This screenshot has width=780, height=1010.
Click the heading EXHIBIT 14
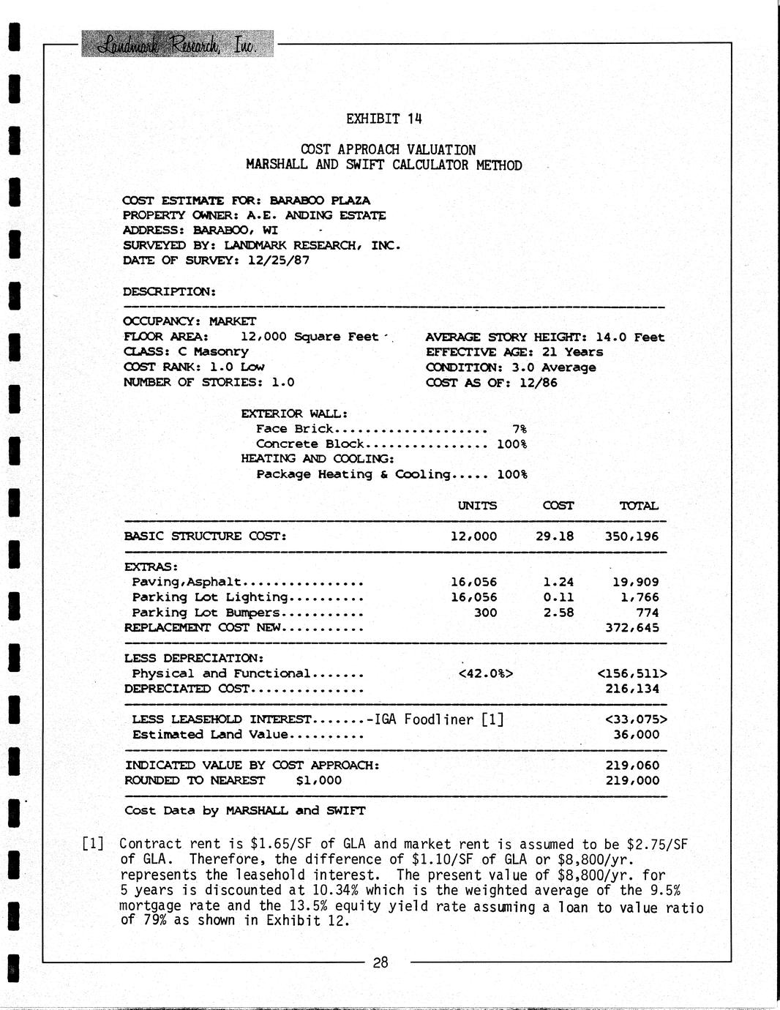click(384, 119)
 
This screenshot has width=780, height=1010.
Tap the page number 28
click(380, 963)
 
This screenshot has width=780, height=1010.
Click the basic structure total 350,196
click(631, 536)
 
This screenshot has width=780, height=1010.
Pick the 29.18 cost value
click(555, 536)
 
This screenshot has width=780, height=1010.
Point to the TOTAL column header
click(639, 506)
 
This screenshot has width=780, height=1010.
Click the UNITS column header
click(477, 506)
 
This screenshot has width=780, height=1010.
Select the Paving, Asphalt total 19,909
click(635, 583)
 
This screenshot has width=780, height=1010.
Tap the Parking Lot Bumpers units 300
click(485, 613)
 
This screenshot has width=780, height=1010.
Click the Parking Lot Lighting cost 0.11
click(558, 597)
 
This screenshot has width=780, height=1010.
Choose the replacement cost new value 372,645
click(631, 628)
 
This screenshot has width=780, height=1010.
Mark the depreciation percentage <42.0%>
click(484, 673)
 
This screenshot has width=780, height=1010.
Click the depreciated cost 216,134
click(631, 689)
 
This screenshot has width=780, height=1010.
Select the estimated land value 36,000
click(636, 735)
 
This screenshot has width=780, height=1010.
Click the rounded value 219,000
click(631, 780)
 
